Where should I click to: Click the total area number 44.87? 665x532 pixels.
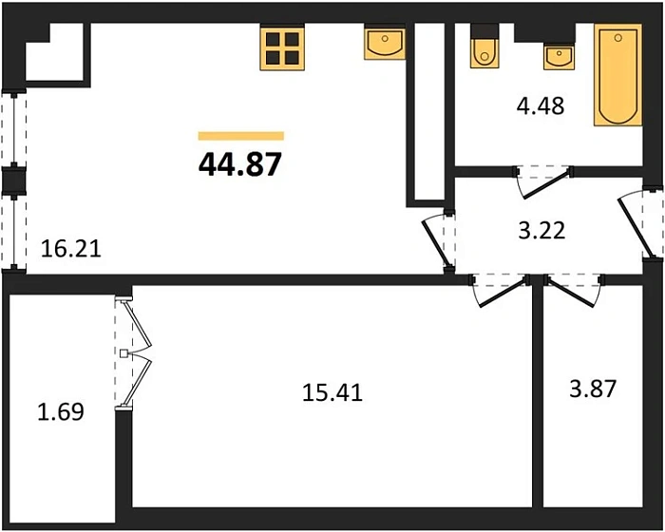tap(240, 164)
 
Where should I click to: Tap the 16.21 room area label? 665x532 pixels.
tap(71, 249)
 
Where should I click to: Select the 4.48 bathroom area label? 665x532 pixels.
tap(541, 106)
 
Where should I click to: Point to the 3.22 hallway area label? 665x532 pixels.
tap(542, 231)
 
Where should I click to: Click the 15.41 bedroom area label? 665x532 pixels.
tap(332, 393)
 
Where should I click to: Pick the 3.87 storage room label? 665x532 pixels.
tap(593, 389)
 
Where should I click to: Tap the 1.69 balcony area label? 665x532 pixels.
tap(61, 412)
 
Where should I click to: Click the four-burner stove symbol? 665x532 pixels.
tap(282, 47)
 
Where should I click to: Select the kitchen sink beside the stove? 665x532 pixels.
tap(385, 44)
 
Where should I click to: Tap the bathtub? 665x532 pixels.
tap(617, 75)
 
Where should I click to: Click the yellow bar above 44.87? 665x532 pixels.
tap(241, 136)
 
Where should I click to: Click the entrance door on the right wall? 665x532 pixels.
tap(640, 222)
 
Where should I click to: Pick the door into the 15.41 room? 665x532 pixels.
tap(501, 290)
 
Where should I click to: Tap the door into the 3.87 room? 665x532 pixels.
tap(574, 290)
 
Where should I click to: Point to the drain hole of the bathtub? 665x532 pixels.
tap(617, 38)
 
